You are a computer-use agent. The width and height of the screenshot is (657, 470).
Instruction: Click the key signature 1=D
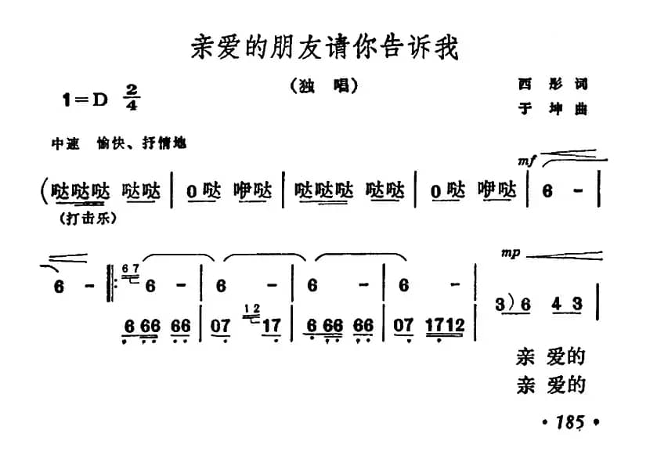tap(85, 99)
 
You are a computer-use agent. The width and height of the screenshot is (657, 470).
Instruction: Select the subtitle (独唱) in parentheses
tap(323, 86)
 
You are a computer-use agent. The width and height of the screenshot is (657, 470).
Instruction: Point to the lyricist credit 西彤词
tap(551, 84)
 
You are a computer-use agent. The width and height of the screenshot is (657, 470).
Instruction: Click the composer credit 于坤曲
tap(551, 110)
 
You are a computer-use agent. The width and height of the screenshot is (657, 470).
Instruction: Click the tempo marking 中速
tap(66, 144)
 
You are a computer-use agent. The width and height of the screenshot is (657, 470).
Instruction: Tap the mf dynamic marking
tap(526, 161)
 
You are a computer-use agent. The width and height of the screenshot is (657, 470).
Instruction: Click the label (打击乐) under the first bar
tap(87, 219)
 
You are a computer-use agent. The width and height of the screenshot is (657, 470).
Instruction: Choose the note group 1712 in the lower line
tap(446, 324)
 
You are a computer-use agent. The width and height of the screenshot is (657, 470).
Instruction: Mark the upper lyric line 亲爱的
tap(551, 357)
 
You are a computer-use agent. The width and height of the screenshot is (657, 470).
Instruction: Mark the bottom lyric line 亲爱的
tap(551, 385)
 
